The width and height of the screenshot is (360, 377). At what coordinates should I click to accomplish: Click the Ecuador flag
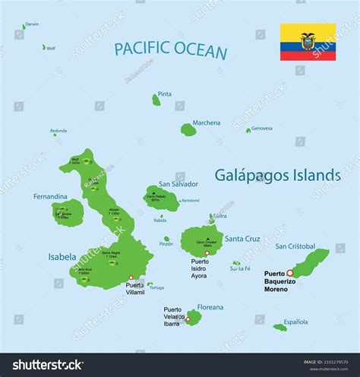point(308,42)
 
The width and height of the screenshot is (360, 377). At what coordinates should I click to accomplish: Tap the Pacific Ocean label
point(171,51)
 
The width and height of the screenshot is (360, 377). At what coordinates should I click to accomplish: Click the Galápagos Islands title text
point(278,175)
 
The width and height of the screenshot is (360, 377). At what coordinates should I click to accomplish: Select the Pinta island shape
point(156,100)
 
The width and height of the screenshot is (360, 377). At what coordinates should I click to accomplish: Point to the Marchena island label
point(206,122)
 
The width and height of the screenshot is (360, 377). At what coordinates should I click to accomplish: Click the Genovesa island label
point(262,128)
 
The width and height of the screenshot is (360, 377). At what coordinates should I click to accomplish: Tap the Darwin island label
point(32,24)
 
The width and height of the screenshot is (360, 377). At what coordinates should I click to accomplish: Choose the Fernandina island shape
point(63,213)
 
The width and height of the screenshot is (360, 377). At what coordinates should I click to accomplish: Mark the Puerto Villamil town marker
point(131,277)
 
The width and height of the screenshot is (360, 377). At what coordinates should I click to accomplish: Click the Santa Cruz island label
point(242,238)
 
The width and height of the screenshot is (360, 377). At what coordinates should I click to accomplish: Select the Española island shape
point(280,328)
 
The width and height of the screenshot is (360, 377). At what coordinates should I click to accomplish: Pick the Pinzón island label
point(166,244)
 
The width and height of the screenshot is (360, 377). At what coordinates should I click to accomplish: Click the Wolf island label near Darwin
point(51,48)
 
